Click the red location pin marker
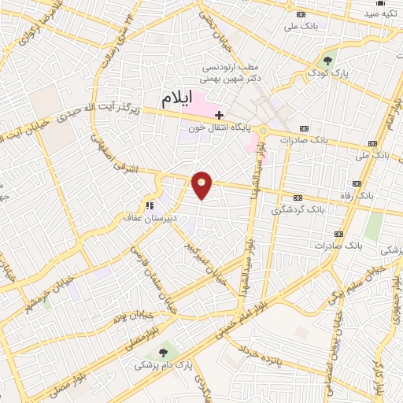(x=202, y=184)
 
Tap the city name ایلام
(x=177, y=99)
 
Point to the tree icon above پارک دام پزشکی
(x=163, y=353)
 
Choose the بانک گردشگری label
(x=298, y=210)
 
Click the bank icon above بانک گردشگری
(x=298, y=198)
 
